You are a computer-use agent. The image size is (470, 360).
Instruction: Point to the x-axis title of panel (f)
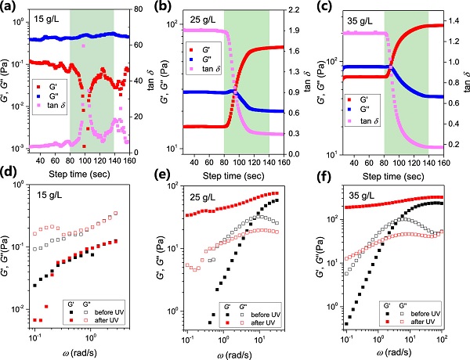(x=399, y=351)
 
